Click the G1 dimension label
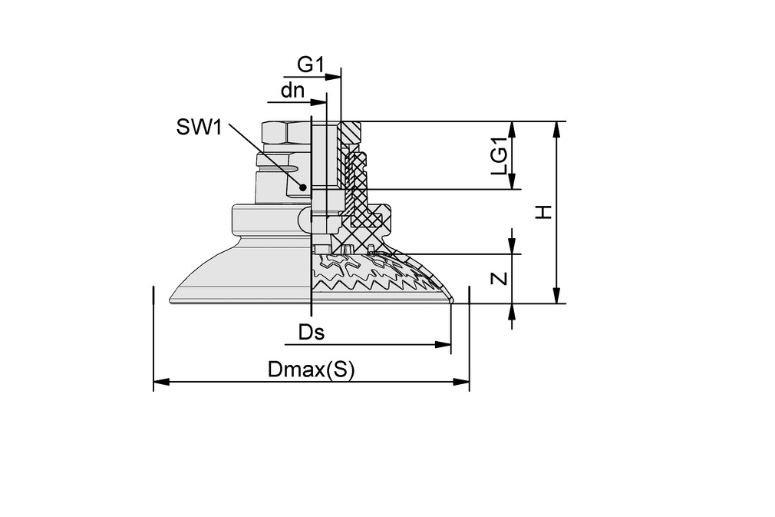coord(311,65)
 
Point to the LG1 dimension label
coord(500,160)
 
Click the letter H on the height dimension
coord(544,212)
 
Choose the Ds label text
coord(312,333)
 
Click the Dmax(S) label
coord(312,370)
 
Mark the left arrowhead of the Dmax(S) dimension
coord(160,381)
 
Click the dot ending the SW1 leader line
coord(303,187)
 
